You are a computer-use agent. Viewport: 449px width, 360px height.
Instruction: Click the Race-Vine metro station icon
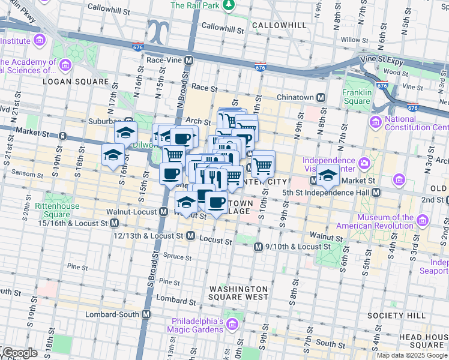click(188, 61)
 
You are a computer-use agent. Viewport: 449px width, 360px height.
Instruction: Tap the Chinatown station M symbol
click(321, 97)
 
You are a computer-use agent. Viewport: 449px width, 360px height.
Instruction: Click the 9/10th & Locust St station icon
click(258, 247)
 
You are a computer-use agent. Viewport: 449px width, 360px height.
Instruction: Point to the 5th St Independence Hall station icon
click(376, 193)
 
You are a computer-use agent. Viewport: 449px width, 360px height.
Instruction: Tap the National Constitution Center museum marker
click(376, 123)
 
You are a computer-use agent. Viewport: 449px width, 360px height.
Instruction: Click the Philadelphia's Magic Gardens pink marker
click(232, 325)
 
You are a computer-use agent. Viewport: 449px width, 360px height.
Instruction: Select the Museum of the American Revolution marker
click(424, 221)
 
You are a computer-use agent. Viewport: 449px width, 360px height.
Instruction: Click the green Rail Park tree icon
click(228, 5)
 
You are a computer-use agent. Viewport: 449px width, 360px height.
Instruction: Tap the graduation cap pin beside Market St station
click(328, 176)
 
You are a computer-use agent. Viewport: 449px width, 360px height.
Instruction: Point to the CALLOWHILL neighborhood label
click(279, 25)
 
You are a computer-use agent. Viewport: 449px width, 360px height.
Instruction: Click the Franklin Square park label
click(357, 97)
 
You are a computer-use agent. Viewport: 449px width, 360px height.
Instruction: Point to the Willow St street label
click(354, 40)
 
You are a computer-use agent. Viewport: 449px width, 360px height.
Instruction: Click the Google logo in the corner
click(19, 353)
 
